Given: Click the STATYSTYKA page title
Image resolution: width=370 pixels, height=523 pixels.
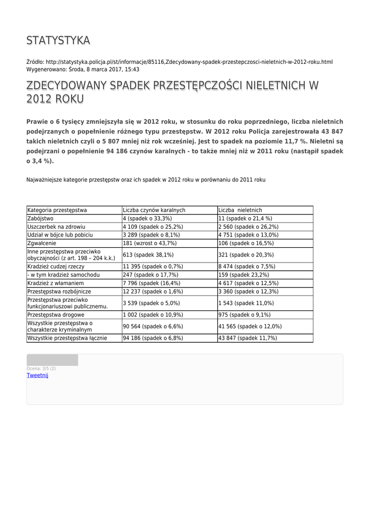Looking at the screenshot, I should click(x=58, y=40).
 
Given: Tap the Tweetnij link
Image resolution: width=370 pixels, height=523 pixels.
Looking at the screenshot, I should click(x=37, y=375).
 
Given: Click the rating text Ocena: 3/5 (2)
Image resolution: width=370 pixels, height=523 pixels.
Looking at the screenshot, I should click(x=41, y=368).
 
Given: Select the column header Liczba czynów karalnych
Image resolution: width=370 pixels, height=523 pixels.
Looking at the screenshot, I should click(x=154, y=210).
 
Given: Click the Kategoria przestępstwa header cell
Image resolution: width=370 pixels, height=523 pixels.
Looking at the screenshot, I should click(x=57, y=210).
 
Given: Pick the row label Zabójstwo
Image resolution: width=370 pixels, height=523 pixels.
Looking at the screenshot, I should click(x=40, y=218).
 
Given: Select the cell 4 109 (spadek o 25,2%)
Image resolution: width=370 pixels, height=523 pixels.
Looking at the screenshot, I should click(x=153, y=226).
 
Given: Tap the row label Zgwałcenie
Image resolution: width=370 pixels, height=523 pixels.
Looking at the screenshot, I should click(x=42, y=243).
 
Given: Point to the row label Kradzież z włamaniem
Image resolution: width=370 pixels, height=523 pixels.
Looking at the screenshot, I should click(x=56, y=283).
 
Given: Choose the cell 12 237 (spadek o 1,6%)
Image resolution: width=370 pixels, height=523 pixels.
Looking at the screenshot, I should click(x=153, y=291).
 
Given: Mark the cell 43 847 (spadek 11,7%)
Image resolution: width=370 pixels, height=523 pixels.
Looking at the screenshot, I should click(x=248, y=338).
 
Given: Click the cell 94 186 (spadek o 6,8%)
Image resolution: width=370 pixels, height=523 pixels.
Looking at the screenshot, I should click(x=153, y=338).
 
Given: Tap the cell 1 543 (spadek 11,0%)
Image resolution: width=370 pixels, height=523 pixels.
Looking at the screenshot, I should click(x=246, y=303).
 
